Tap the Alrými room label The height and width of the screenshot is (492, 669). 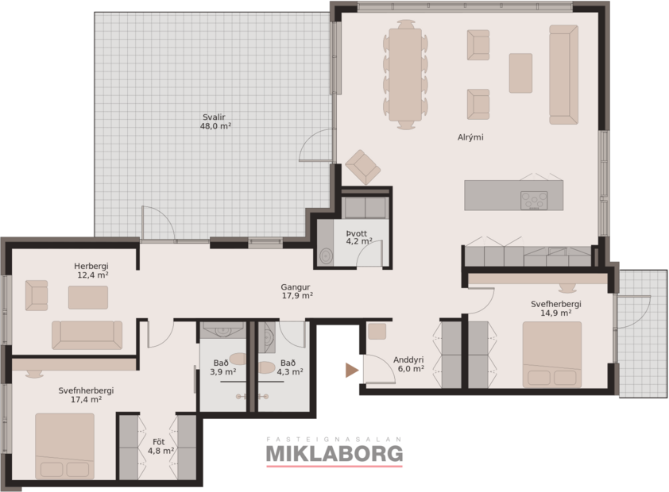click(x=470, y=137)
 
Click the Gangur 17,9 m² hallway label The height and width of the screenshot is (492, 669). click(x=296, y=291)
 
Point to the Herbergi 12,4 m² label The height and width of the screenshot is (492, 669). click(x=91, y=271)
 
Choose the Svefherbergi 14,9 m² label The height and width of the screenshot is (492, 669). click(x=556, y=309)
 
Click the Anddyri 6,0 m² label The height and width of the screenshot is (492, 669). click(x=408, y=363)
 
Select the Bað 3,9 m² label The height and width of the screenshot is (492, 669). click(x=222, y=367)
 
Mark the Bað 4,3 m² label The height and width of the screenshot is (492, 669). click(x=289, y=367)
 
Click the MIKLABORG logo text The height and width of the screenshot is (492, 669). click(x=334, y=453)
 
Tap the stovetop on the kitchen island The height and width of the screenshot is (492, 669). click(x=533, y=200)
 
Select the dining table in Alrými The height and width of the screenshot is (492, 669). click(x=405, y=75)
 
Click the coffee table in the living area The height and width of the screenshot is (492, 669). click(x=520, y=73)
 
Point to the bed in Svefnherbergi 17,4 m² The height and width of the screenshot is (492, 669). click(x=64, y=445)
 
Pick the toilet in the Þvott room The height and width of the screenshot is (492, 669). click(x=327, y=256)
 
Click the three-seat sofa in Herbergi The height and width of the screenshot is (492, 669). click(x=87, y=335)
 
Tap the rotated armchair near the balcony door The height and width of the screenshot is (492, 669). click(x=363, y=167)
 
